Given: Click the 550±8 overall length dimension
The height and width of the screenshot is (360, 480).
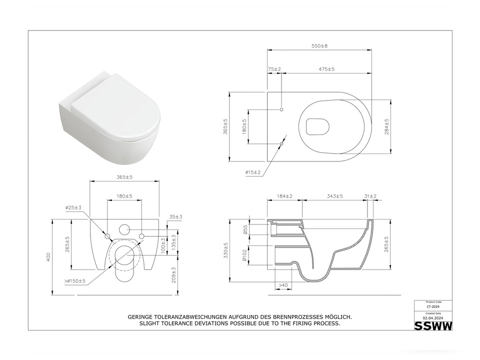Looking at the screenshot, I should point(319,46).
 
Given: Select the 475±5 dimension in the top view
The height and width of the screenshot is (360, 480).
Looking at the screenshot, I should point(327,69).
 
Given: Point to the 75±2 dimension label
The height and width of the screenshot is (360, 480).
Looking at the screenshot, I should point(274,69).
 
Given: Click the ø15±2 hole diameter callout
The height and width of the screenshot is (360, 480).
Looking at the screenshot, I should point(253,172).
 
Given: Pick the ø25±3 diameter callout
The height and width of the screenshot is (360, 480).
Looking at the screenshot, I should point(73,207).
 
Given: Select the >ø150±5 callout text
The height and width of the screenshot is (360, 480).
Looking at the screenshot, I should point(74,281).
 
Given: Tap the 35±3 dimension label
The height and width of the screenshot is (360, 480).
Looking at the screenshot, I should point(175,216).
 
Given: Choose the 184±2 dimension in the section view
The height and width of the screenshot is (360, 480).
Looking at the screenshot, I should point(284,196).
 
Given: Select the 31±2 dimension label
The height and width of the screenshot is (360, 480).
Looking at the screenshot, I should point(370,196).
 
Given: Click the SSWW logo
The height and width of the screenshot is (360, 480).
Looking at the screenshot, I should point(433,326).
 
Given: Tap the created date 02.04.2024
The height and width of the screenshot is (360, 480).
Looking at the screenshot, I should point(433,317).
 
